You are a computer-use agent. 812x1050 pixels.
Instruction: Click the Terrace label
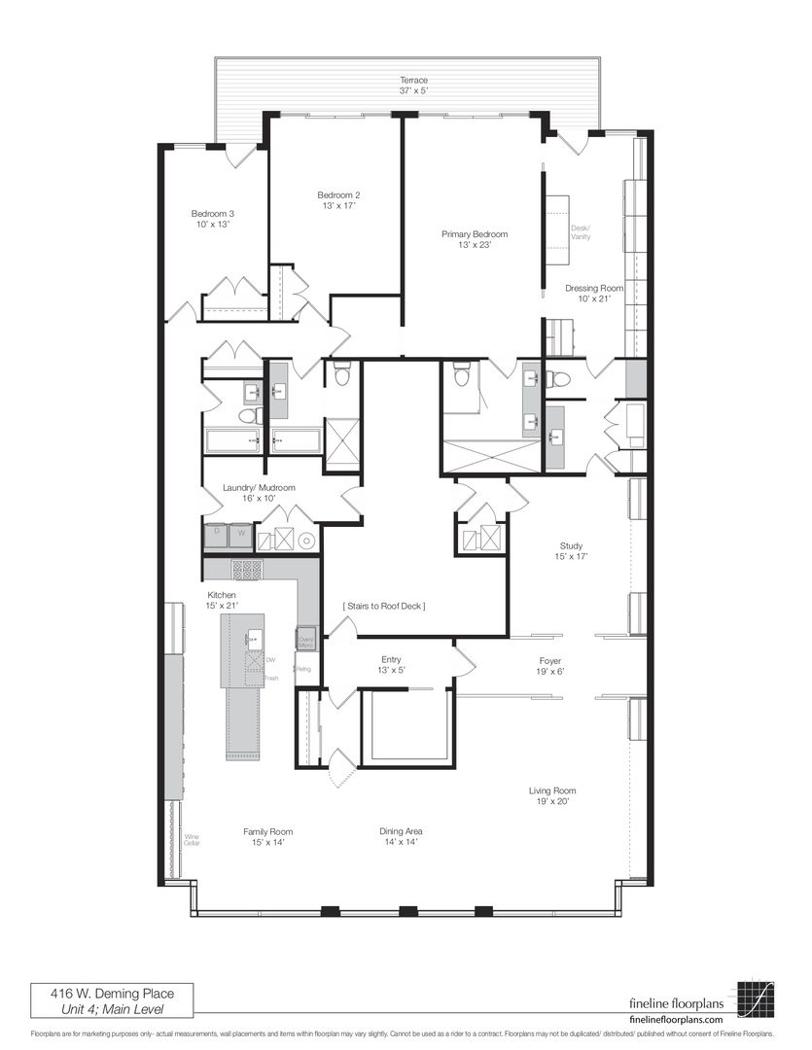(413, 81)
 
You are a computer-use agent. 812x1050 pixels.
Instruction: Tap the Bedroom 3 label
(212, 214)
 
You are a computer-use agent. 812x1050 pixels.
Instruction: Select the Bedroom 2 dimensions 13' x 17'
(337, 205)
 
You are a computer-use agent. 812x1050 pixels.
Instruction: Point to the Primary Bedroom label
(474, 234)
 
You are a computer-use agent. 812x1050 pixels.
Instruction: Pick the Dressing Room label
(593, 288)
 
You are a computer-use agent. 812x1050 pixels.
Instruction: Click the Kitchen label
(221, 595)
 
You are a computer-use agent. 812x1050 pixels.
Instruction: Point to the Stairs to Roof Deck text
(383, 606)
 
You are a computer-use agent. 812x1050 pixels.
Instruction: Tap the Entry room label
(391, 659)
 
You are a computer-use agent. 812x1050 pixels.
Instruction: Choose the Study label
(571, 545)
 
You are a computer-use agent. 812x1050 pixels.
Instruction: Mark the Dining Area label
(401, 831)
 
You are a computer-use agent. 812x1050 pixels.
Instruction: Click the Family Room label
(267, 831)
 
